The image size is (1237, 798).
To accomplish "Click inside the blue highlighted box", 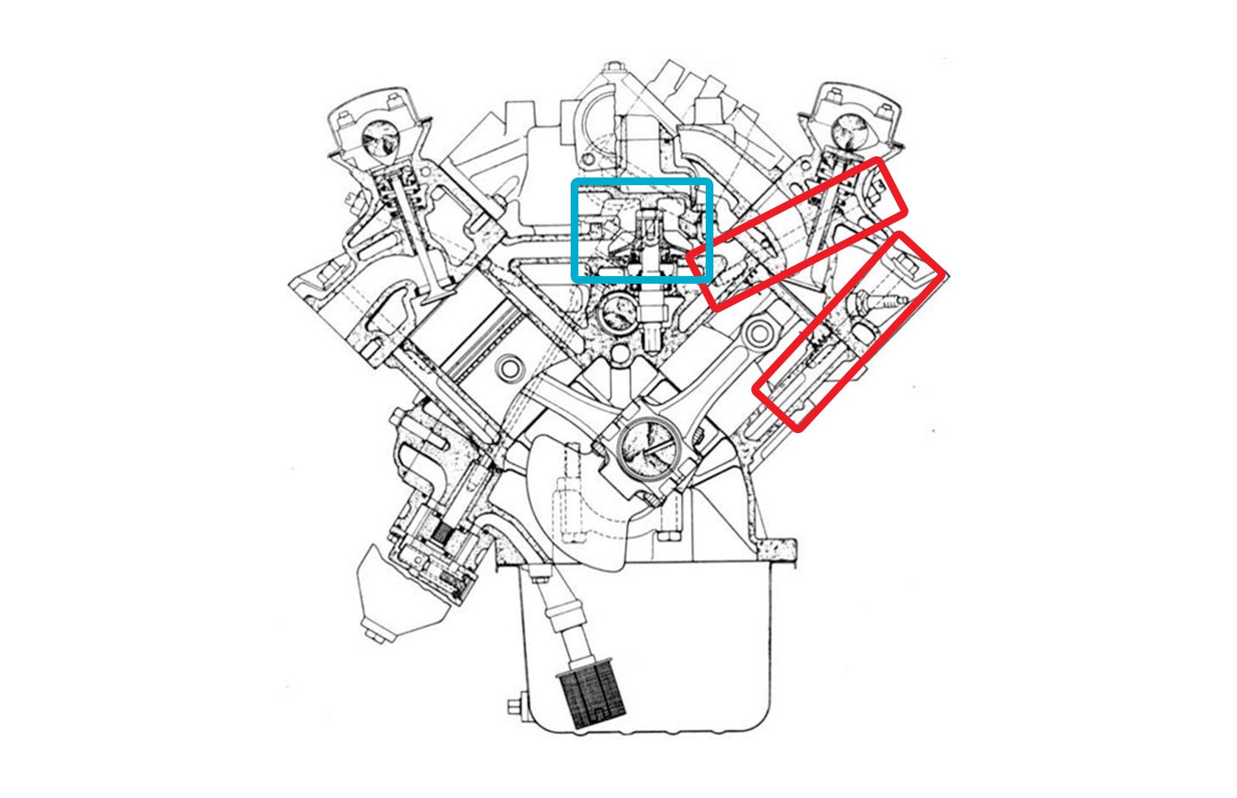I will click(x=641, y=231).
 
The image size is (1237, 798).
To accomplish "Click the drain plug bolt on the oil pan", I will click(x=515, y=706).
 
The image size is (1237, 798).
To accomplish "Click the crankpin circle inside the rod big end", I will click(x=647, y=451).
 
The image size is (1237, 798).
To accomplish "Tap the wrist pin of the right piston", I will click(x=760, y=331).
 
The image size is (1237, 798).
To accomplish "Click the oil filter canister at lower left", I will click(x=395, y=599).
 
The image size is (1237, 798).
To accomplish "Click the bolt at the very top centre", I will click(x=612, y=72).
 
